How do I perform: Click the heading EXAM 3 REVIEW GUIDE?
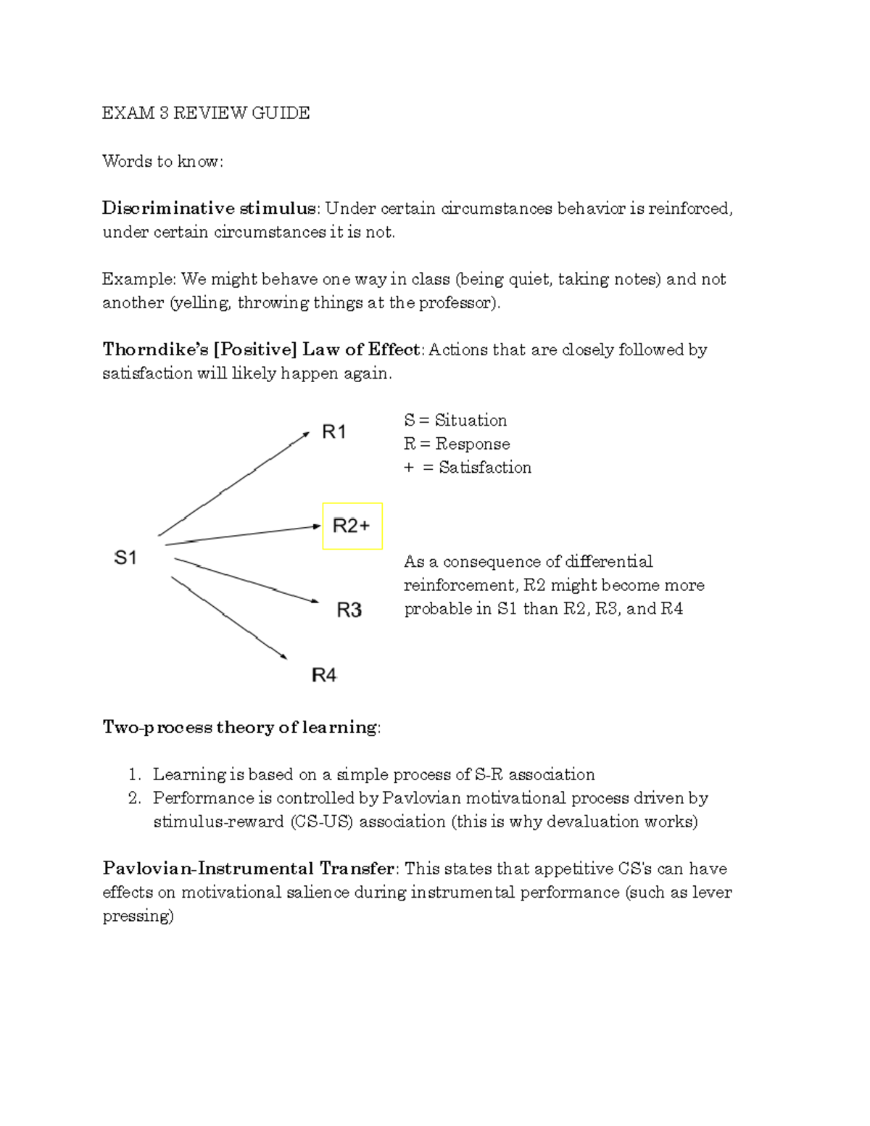coord(206,113)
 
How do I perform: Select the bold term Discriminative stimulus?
coord(209,209)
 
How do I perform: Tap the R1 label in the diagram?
coord(334,433)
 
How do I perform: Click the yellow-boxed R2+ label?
coord(352,526)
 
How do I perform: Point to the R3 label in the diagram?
coord(349,610)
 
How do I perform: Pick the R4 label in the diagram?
coord(324,676)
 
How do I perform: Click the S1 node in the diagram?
coord(125,558)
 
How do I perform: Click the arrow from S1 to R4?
coord(229,618)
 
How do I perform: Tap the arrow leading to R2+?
coord(243,535)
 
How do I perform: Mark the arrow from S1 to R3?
coord(246,580)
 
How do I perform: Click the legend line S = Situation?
coord(455,421)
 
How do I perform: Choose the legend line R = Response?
coord(457,444)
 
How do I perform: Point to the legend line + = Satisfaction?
coord(468,468)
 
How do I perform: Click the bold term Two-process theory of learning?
coord(239,727)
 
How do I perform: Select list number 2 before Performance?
coord(134,798)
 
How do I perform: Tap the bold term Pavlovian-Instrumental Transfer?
coord(249,869)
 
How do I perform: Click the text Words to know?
coord(162,161)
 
